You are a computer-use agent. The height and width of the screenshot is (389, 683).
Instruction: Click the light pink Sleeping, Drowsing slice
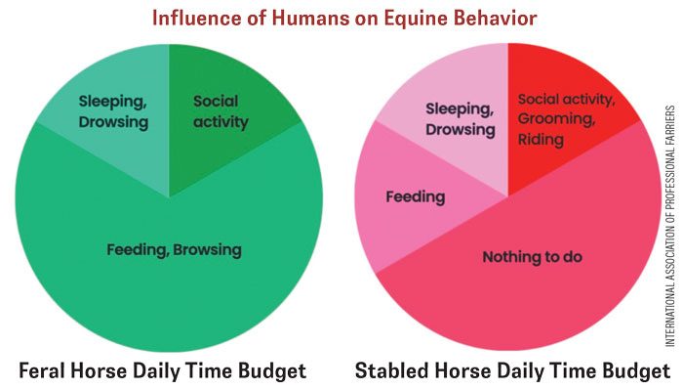[459, 108]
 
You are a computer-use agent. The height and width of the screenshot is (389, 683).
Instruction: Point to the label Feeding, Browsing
[174, 250]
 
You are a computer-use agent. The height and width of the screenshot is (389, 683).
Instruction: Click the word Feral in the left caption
[44, 371]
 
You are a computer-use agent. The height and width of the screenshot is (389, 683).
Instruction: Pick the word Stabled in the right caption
[395, 371]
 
